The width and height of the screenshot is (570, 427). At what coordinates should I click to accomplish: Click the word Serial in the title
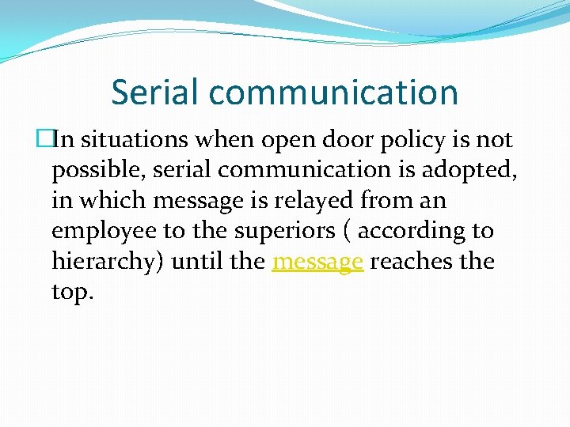tap(155, 92)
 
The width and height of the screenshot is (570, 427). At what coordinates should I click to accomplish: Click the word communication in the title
tap(333, 93)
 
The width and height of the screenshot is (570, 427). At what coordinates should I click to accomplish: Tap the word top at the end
tap(72, 292)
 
